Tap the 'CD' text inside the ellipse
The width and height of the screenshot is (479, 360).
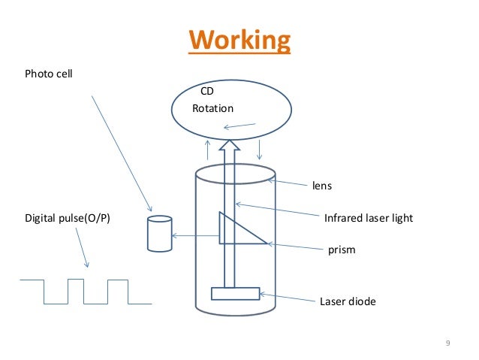[x=208, y=91]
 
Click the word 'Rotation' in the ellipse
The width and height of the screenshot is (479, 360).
[x=213, y=108]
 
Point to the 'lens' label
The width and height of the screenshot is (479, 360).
[x=321, y=184]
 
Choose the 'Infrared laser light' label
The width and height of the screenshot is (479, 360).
[x=368, y=219]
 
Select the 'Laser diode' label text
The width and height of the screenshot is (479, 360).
[x=348, y=301]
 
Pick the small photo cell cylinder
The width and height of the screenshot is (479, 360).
[x=158, y=234]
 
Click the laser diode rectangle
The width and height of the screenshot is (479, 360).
[x=235, y=293]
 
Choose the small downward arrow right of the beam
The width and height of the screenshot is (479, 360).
[x=259, y=148]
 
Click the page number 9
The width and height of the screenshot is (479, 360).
[x=447, y=344]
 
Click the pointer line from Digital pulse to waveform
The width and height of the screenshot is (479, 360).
[x=81, y=248]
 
